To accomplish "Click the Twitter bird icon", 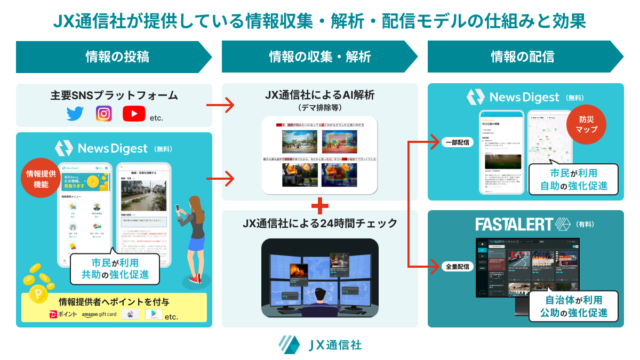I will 76,114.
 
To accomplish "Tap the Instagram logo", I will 103,114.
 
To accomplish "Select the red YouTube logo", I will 133,114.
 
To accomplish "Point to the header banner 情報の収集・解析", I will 318,57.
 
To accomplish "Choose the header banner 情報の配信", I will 523,57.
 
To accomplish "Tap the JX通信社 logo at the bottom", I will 320,345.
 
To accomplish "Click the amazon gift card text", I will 99,315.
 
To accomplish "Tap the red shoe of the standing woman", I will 198,278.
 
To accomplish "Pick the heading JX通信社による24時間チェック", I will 320,222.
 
